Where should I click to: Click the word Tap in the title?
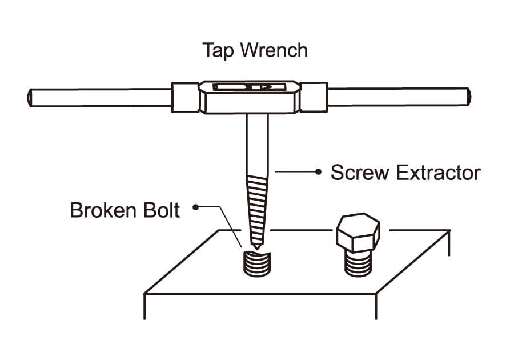(218, 51)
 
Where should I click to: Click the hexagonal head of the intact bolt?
(358, 233)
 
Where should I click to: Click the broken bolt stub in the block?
(257, 263)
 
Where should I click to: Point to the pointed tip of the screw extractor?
(257, 246)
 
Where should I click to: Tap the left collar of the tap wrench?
(185, 97)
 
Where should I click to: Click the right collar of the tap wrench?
(314, 97)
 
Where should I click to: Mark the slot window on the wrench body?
(249, 87)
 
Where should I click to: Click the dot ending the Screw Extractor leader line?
(319, 171)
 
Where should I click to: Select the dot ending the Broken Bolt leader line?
(196, 208)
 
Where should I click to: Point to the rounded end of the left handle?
(30, 97)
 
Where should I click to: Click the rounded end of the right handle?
(468, 96)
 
